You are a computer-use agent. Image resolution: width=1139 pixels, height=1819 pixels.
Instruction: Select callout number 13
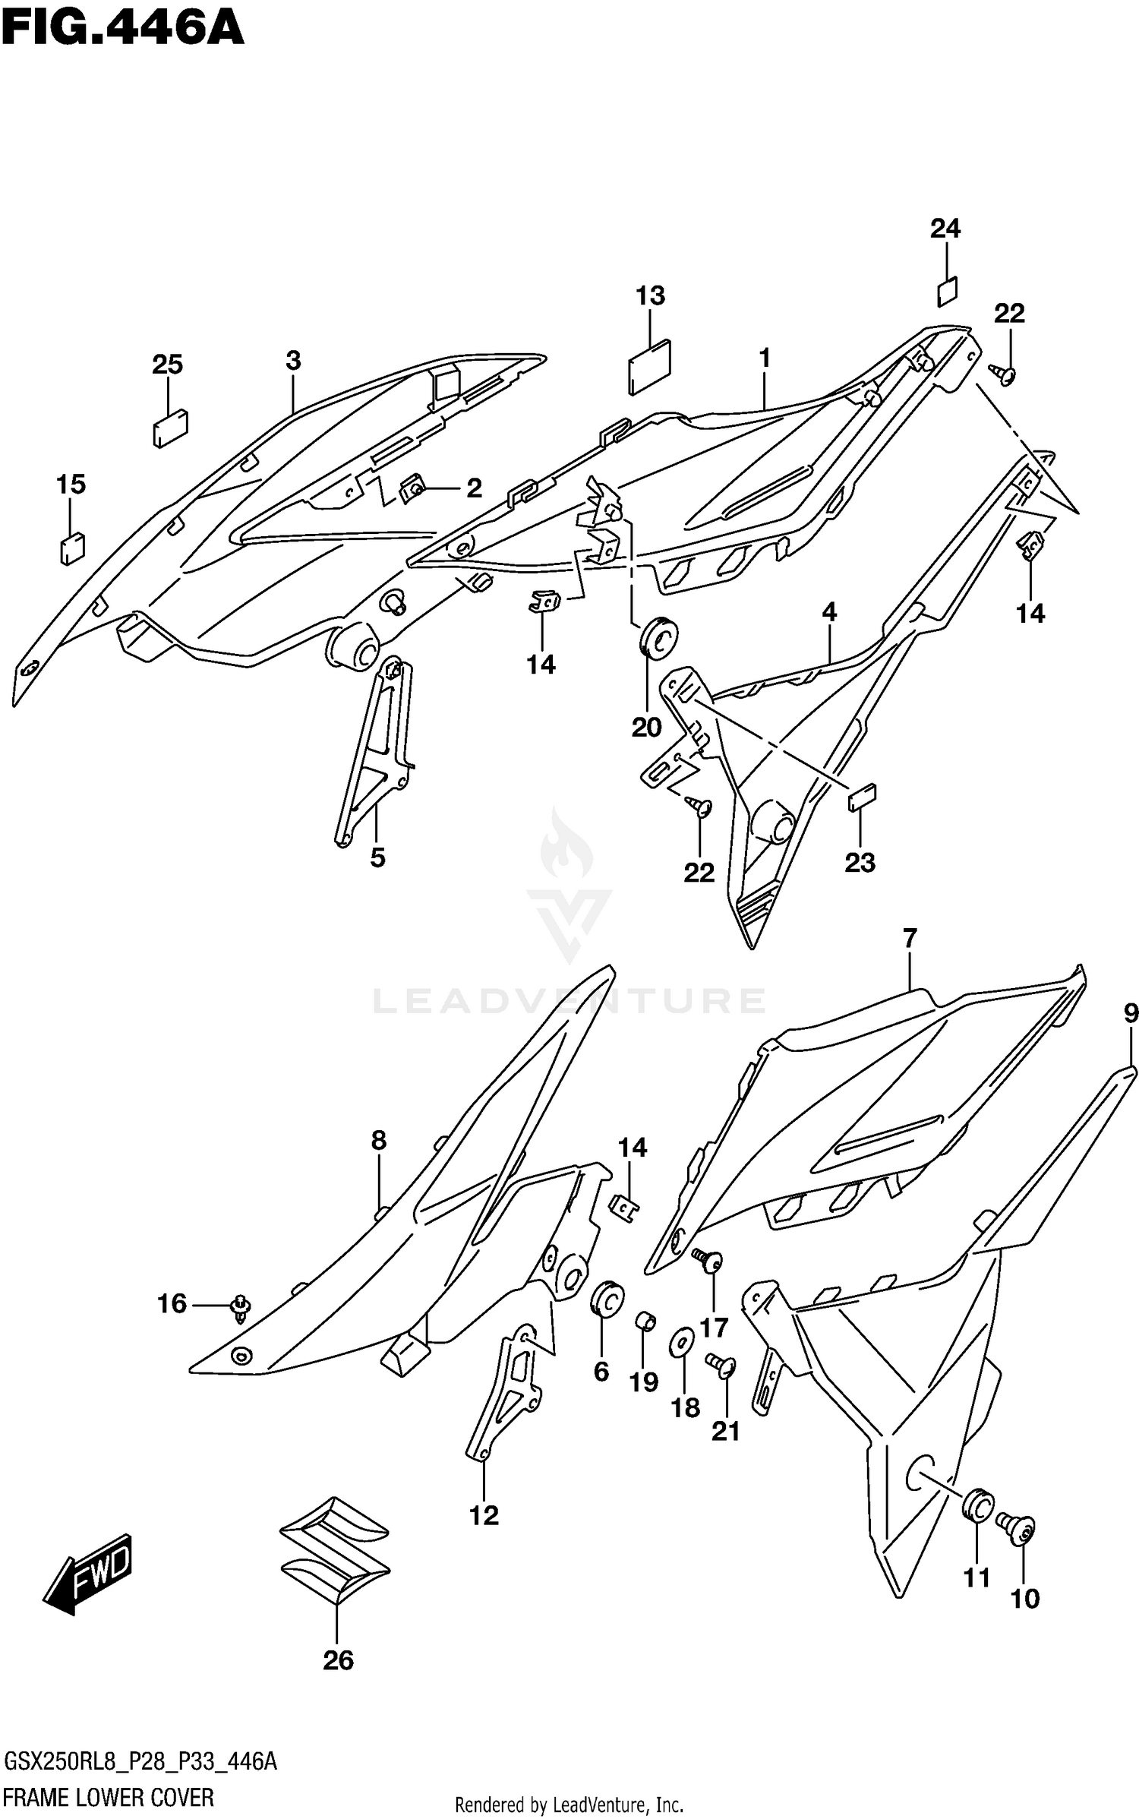[x=650, y=295]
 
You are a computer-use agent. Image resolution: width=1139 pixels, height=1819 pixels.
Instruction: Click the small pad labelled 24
[x=947, y=290]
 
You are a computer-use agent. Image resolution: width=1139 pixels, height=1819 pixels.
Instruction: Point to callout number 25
[x=167, y=365]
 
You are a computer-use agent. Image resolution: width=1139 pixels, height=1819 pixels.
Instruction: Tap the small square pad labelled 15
[x=72, y=548]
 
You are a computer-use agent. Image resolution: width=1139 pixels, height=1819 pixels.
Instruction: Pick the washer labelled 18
[x=680, y=1344]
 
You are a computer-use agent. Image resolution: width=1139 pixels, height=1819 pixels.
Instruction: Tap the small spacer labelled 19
[x=645, y=1321]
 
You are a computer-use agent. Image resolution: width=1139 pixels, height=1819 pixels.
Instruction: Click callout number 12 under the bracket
[x=484, y=1516]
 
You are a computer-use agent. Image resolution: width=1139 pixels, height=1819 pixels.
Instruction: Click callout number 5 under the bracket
[x=377, y=857]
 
